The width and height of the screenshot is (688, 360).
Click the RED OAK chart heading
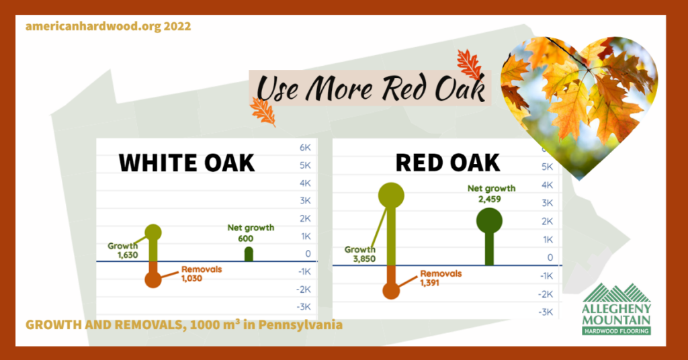(x=447, y=163)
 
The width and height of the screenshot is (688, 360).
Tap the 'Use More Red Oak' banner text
(x=372, y=88)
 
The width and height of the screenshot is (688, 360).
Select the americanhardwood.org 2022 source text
(x=108, y=26)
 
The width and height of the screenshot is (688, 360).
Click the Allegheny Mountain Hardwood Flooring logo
(x=617, y=309)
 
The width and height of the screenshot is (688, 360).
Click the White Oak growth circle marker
(x=153, y=232)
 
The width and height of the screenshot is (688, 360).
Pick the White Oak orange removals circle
(x=153, y=279)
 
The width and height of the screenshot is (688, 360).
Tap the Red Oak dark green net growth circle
(x=489, y=220)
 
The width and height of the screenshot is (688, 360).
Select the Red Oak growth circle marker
(x=391, y=195)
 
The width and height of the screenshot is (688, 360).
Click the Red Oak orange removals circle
(x=391, y=290)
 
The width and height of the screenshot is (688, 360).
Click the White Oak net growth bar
(x=249, y=254)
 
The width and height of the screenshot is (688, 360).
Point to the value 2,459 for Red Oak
(x=490, y=199)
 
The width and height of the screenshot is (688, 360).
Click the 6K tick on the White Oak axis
(x=305, y=147)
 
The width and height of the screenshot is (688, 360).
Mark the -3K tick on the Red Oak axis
(x=545, y=312)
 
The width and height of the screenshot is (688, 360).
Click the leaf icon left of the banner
(x=263, y=111)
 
